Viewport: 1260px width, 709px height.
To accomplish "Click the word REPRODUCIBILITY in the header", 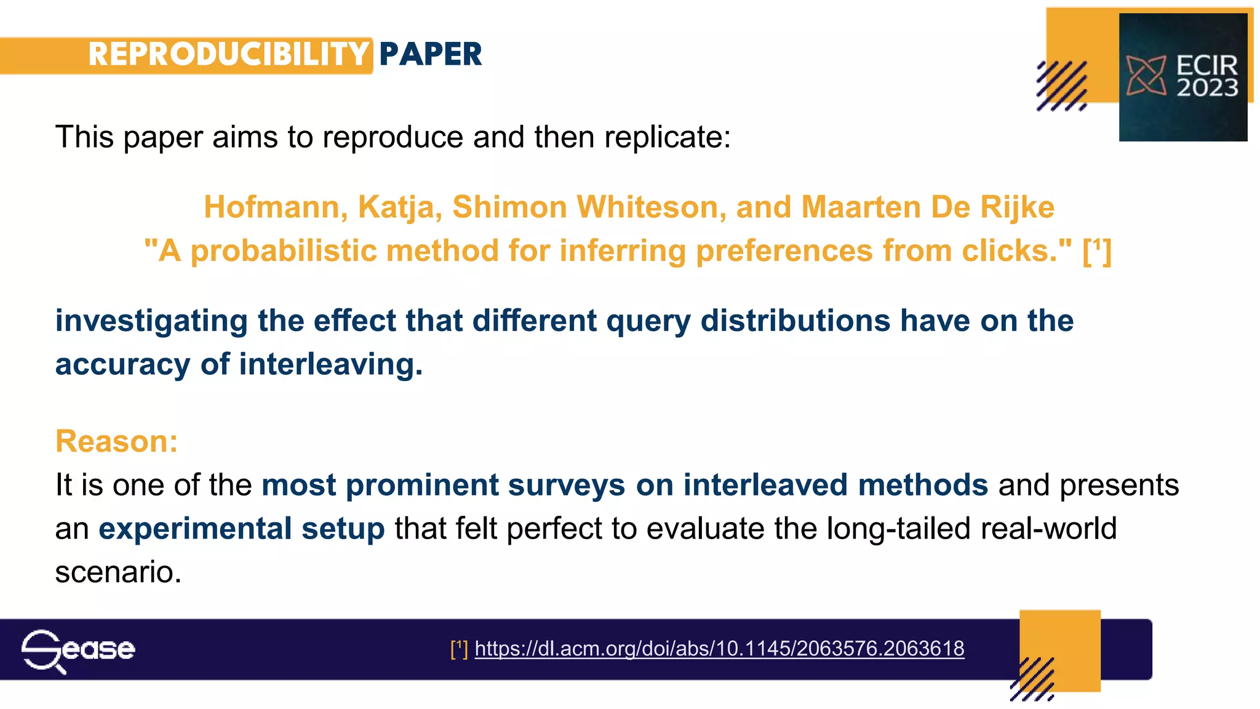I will click(x=228, y=54).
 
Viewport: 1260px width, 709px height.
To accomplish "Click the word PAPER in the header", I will click(x=430, y=54).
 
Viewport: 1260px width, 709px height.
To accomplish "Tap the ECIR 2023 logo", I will click(x=1182, y=78).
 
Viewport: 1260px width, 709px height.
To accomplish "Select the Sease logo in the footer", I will click(x=78, y=650).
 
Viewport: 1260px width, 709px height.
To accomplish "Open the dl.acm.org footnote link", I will click(x=719, y=649).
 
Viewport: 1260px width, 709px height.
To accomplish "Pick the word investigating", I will click(x=151, y=321).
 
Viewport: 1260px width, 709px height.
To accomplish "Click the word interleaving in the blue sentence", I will click(x=330, y=364).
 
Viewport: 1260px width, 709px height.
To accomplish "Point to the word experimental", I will click(x=195, y=529).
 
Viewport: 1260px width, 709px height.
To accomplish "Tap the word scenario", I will click(x=118, y=572).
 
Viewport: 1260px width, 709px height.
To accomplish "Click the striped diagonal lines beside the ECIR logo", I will click(x=1061, y=86).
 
